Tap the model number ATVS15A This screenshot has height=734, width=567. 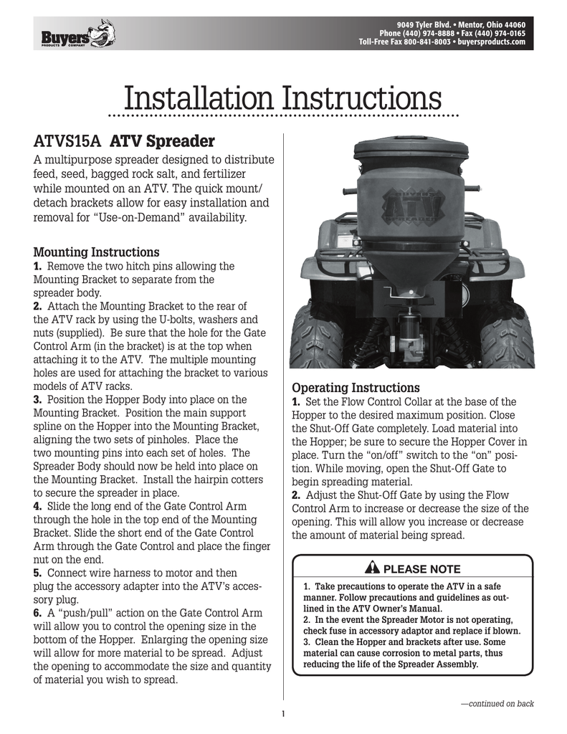65,139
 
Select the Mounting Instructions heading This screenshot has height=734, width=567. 97,252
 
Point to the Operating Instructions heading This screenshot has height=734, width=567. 355,388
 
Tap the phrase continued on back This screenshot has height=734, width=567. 497,703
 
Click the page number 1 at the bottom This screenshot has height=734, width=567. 284,713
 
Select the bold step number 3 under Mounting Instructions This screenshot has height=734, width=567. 39,400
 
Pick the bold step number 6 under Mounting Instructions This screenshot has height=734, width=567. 39,614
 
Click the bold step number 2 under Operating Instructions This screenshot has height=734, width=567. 296,495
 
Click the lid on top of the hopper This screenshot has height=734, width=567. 411,153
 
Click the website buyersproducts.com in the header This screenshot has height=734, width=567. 490,42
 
